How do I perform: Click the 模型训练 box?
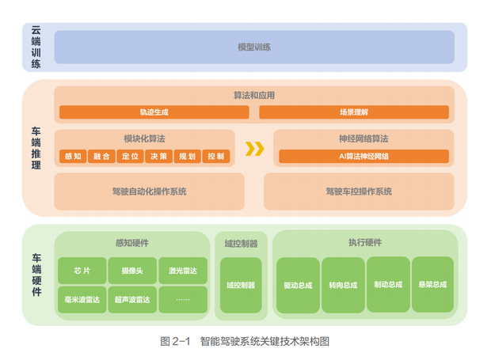(x=254, y=47)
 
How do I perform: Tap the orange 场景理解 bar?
(x=353, y=112)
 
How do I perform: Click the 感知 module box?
(x=72, y=157)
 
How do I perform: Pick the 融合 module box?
(x=101, y=157)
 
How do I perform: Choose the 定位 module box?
(x=129, y=157)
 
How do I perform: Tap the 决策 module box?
(x=158, y=157)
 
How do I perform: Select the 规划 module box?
(x=186, y=157)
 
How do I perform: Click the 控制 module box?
(x=215, y=157)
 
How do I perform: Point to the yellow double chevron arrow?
(x=254, y=149)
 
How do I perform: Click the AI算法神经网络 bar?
(x=363, y=157)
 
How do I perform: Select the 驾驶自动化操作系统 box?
(x=148, y=191)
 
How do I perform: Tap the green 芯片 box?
(x=82, y=271)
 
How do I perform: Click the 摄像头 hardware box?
(x=132, y=271)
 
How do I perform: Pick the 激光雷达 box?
(x=183, y=271)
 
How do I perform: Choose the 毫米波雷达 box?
(x=82, y=299)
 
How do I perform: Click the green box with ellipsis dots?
(x=183, y=299)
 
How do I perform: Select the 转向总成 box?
(x=343, y=284)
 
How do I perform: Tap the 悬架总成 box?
(x=433, y=284)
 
